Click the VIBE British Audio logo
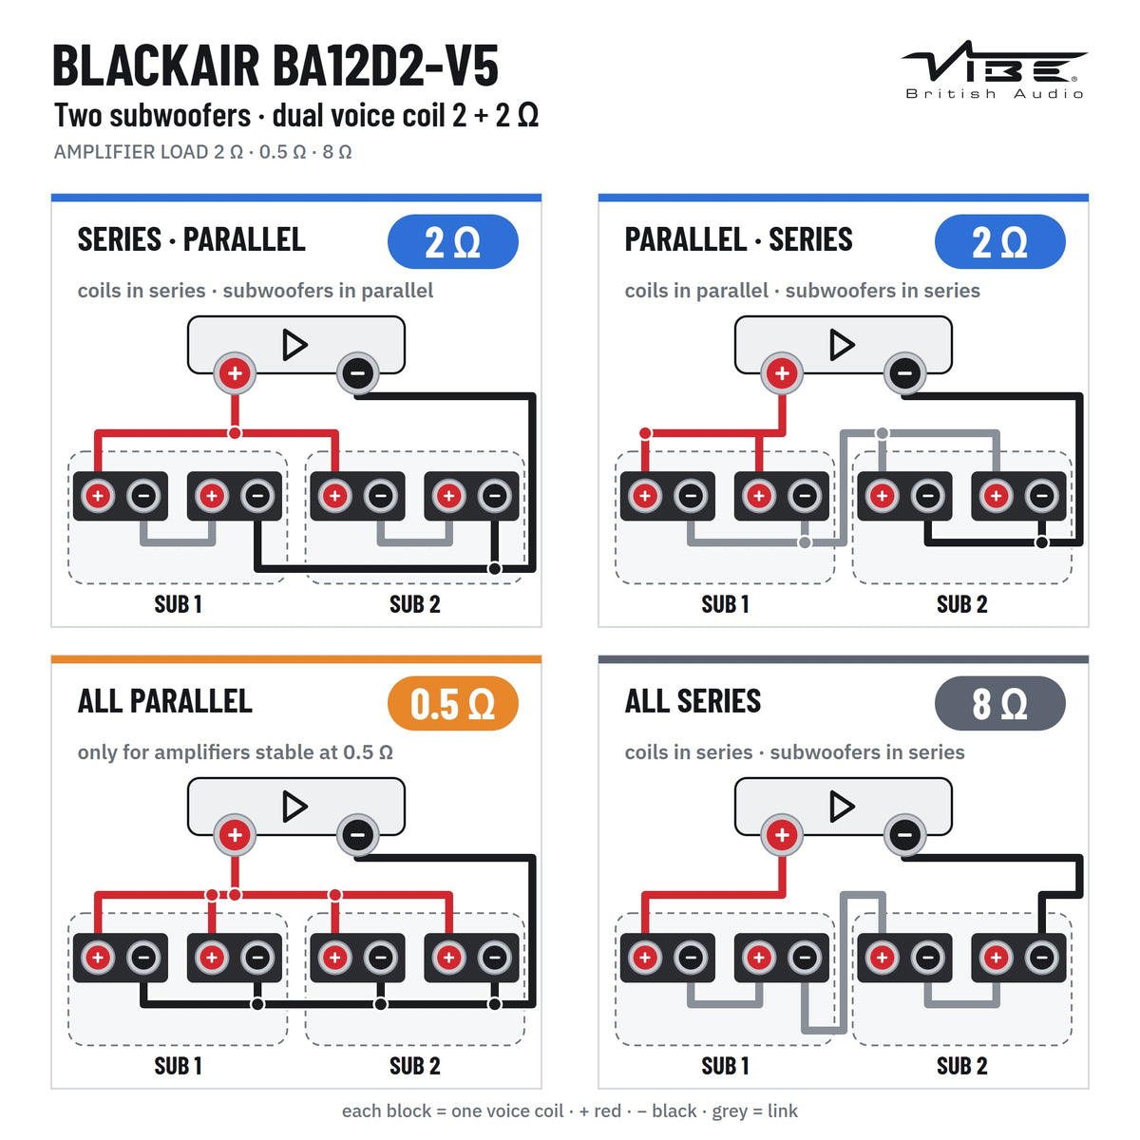pos(993,69)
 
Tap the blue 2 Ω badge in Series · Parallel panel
pos(452,241)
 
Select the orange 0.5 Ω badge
pos(452,703)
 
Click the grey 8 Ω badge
pos(999,703)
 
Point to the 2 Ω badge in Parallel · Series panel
pos(999,241)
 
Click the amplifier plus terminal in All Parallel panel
pos(235,835)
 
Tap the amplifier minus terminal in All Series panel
pos(904,835)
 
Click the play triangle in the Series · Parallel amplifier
pos(294,345)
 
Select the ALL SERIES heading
pos(693,702)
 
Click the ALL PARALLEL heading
pos(165,702)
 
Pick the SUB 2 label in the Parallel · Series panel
pos(962,604)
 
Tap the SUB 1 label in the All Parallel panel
pos(178,1066)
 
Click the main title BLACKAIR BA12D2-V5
pos(275,66)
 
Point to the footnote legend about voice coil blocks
pos(570,1111)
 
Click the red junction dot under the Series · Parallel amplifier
pos(235,433)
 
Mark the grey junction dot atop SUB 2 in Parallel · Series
pos(882,433)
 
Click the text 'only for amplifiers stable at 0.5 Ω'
pos(236,751)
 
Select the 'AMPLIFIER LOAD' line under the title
pos(203,152)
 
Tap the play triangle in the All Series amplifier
pos(842,807)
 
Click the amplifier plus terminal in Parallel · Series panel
pos(782,373)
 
